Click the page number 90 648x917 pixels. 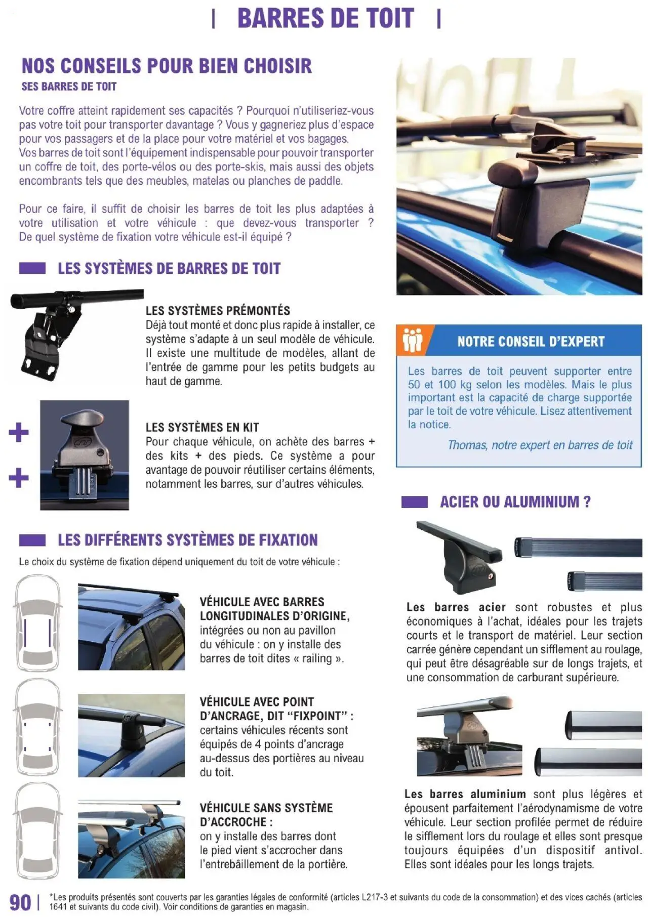pyautogui.click(x=20, y=902)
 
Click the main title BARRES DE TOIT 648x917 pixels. pyautogui.click(x=326, y=19)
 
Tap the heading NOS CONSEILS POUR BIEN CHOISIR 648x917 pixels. pyautogui.click(x=167, y=66)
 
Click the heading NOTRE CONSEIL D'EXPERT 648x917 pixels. pyautogui.click(x=531, y=342)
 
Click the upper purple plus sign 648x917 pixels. pyautogui.click(x=19, y=433)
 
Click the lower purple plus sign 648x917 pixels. pyautogui.click(x=19, y=478)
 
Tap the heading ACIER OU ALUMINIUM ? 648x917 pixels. pyautogui.click(x=515, y=502)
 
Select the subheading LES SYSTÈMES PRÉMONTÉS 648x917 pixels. pyautogui.click(x=218, y=311)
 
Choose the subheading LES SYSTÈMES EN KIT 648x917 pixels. pyautogui.click(x=202, y=428)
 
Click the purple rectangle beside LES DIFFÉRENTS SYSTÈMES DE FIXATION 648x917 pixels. pyautogui.click(x=32, y=540)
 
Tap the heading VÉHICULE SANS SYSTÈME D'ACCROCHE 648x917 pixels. pyautogui.click(x=266, y=815)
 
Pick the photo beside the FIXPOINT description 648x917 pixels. pyautogui.click(x=131, y=735)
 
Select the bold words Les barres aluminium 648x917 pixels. pyautogui.click(x=465, y=795)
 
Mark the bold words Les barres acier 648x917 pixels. pyautogui.click(x=456, y=607)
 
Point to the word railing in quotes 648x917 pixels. pyautogui.click(x=317, y=659)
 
